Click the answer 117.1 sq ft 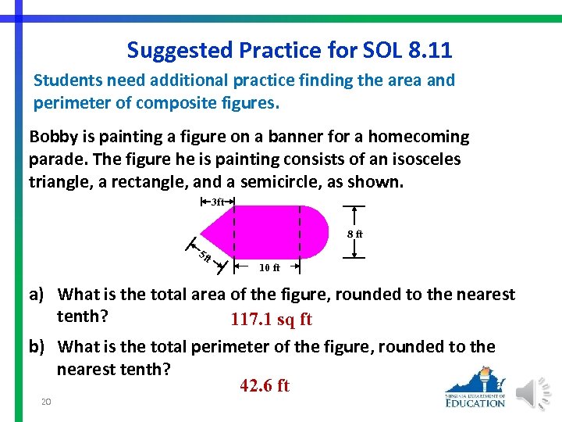click(x=271, y=320)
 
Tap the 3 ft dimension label click(x=218, y=202)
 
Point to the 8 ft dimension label click(x=354, y=234)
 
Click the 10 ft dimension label click(x=269, y=267)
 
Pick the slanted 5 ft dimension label click(x=205, y=256)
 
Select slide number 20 click(x=46, y=402)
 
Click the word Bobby click(x=52, y=137)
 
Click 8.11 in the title click(x=429, y=51)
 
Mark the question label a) click(x=40, y=295)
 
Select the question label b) click(x=40, y=346)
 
